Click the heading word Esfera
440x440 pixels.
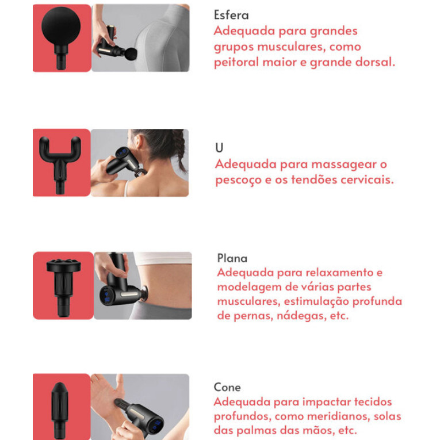tap(231, 15)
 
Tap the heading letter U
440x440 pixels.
tap(219, 148)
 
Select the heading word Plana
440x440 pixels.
tap(232, 258)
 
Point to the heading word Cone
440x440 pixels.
tap(227, 387)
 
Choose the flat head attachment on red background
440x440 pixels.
tap(63, 287)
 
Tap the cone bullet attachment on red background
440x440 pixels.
tap(59, 410)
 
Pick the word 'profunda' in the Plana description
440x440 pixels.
tap(377, 301)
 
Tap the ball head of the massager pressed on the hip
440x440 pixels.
tap(131, 54)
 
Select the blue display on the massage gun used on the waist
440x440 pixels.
tap(106, 297)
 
